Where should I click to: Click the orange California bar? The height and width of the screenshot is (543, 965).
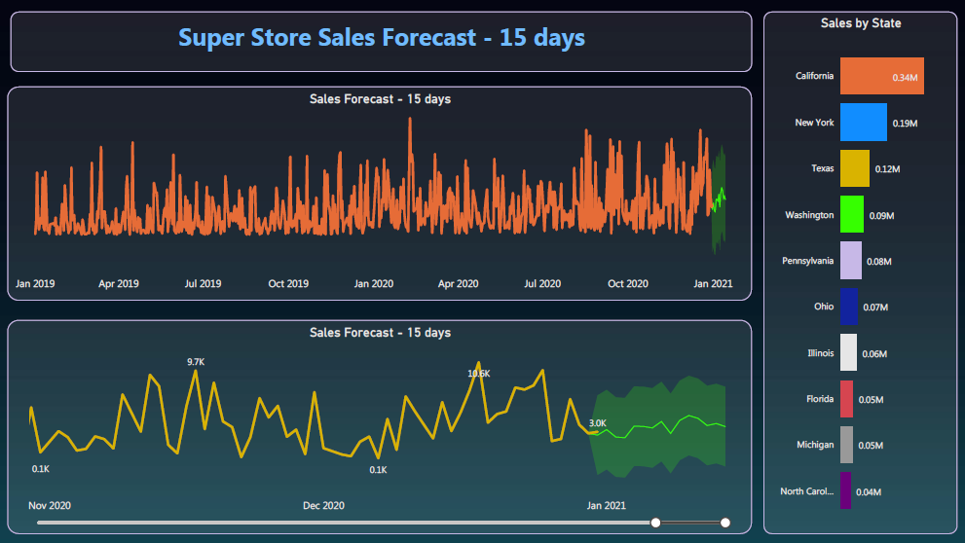click(x=881, y=76)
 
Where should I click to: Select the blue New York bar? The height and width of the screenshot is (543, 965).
click(x=863, y=123)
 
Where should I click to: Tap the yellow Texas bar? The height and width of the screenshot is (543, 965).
click(x=854, y=168)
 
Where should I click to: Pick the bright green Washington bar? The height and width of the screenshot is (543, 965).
click(x=851, y=214)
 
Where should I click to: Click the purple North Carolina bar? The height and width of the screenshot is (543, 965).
click(x=845, y=490)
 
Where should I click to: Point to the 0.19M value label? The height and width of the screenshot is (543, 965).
click(x=906, y=124)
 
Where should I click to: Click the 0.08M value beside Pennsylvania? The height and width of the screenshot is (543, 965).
click(x=879, y=262)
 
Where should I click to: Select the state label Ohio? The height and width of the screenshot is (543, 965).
click(x=824, y=307)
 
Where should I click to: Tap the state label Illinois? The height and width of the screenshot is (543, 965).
click(x=821, y=353)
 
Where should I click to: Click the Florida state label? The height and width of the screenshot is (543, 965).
click(x=820, y=399)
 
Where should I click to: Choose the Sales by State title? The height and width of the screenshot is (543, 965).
click(x=861, y=23)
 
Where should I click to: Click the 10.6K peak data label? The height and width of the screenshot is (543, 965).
click(x=479, y=374)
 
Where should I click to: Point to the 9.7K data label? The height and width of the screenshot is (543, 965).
click(x=196, y=362)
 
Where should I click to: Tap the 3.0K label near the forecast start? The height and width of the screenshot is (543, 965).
click(x=598, y=423)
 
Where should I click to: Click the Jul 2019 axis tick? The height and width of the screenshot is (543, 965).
click(x=203, y=284)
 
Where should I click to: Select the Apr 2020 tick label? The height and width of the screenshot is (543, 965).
click(x=458, y=284)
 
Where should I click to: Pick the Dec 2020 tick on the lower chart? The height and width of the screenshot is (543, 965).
click(x=323, y=506)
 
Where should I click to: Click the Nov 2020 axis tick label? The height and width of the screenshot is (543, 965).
click(x=50, y=506)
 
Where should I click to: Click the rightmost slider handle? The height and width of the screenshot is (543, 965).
click(x=725, y=523)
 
